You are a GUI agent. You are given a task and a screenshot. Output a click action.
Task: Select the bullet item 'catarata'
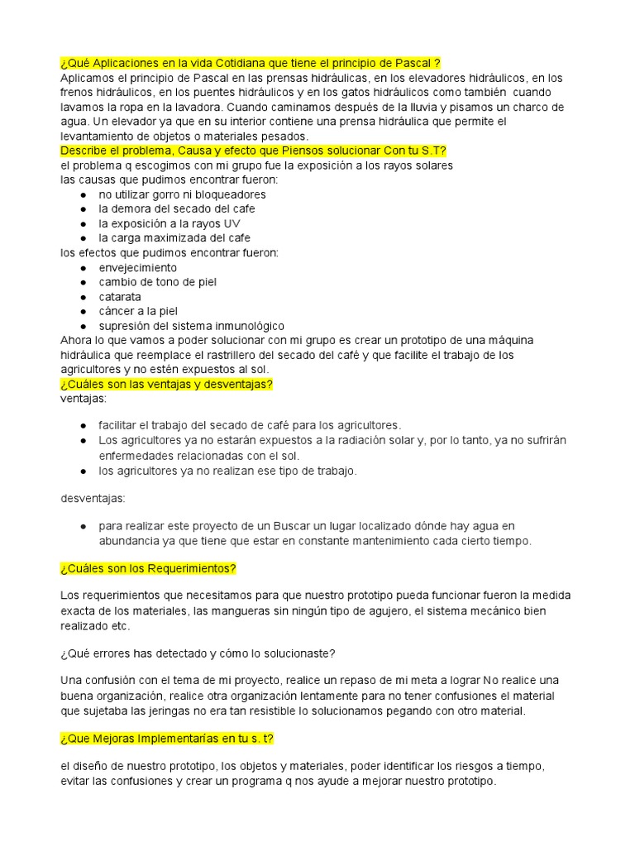coord(120,297)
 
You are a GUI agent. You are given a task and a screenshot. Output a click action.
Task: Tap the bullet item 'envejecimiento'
coord(138,268)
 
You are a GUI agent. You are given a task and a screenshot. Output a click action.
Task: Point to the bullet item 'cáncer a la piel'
coord(138,311)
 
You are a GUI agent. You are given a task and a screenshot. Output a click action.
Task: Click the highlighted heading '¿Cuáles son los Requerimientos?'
coord(149,568)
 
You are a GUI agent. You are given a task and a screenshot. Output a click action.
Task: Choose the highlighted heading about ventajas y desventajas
coord(166,385)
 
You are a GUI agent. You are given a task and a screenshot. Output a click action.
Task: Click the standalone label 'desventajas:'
coord(93,499)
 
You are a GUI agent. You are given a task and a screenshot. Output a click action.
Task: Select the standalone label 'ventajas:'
coord(84,399)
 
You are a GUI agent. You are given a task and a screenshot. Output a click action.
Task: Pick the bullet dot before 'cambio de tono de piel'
coord(84,283)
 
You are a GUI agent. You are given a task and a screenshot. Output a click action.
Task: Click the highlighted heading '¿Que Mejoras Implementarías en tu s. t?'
coord(173,739)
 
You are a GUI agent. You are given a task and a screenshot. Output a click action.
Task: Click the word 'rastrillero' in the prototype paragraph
coord(243,355)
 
